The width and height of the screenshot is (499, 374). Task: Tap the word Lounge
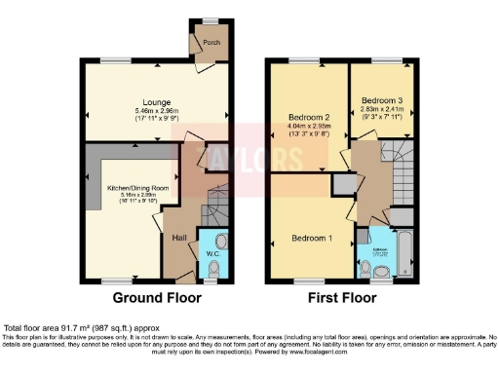click(x=157, y=101)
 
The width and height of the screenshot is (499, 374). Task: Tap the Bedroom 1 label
click(x=312, y=238)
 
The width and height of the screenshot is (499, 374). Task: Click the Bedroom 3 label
click(x=380, y=100)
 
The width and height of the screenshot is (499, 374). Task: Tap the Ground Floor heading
click(x=157, y=298)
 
